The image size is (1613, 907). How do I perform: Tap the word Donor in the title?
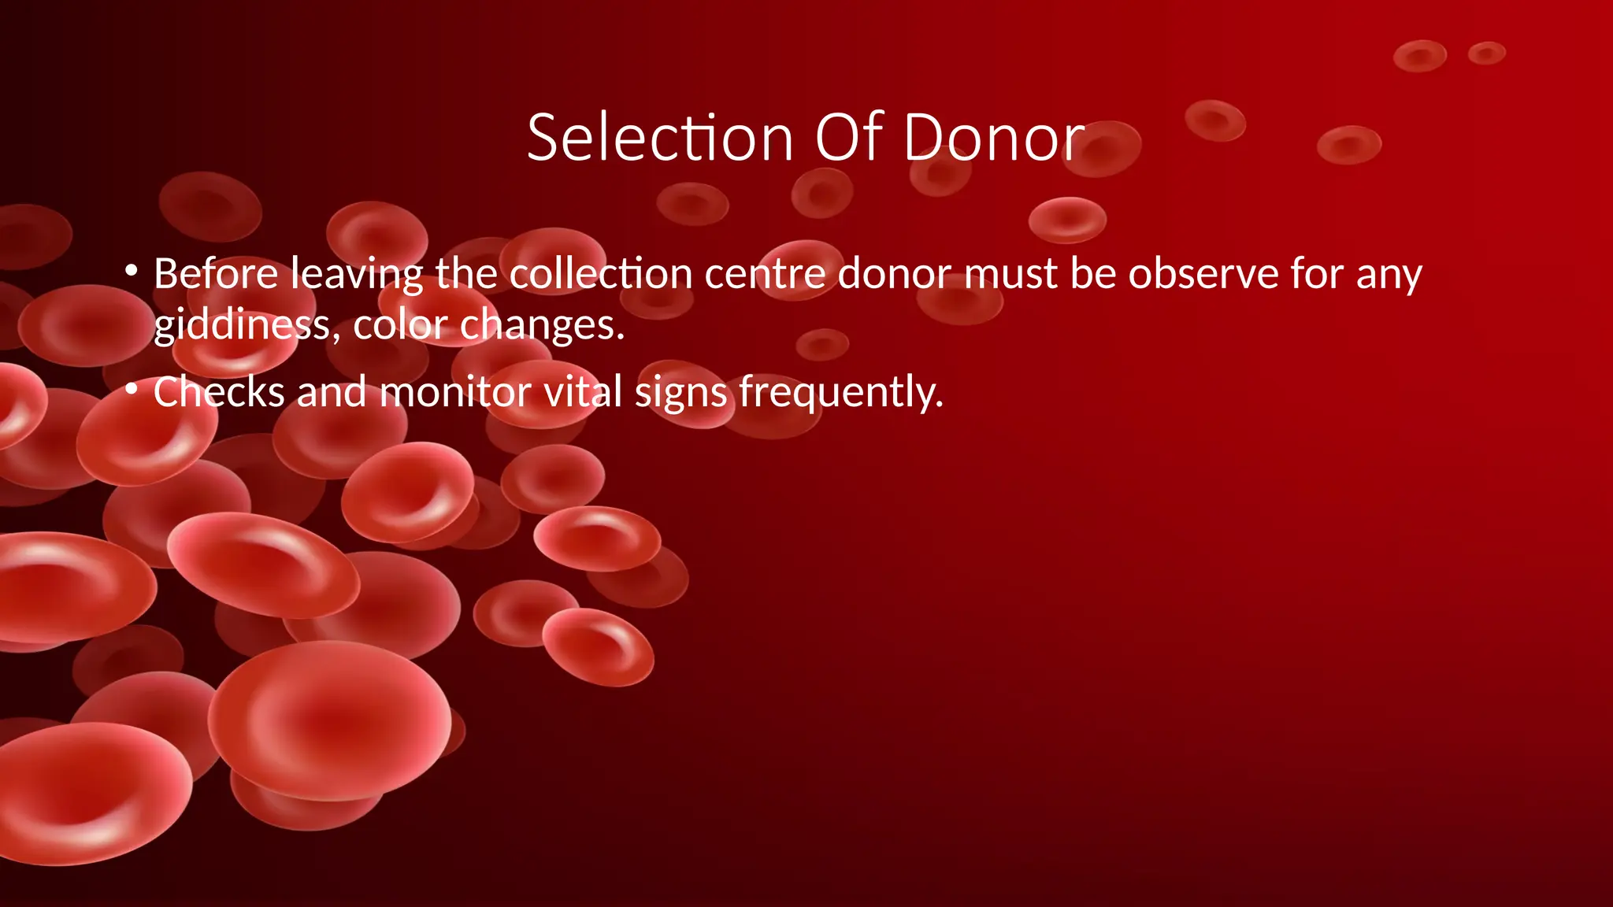pyautogui.click(x=994, y=138)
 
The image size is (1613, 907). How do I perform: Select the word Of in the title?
pyautogui.click(x=848, y=138)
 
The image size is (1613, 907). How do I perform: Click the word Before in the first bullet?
pyautogui.click(x=216, y=273)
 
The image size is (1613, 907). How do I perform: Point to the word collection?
pyautogui.click(x=600, y=273)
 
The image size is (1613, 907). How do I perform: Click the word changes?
pyautogui.click(x=542, y=324)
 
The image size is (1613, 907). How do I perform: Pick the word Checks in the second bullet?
pyautogui.click(x=219, y=391)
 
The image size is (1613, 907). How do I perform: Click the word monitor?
pyautogui.click(x=455, y=391)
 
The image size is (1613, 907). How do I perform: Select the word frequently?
pyautogui.click(x=840, y=391)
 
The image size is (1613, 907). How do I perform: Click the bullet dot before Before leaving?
pyautogui.click(x=132, y=272)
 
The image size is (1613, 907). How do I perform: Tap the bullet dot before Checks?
pyautogui.click(x=132, y=388)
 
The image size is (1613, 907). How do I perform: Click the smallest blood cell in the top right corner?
pyautogui.click(x=1486, y=54)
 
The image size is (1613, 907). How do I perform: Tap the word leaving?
pyautogui.click(x=357, y=273)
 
